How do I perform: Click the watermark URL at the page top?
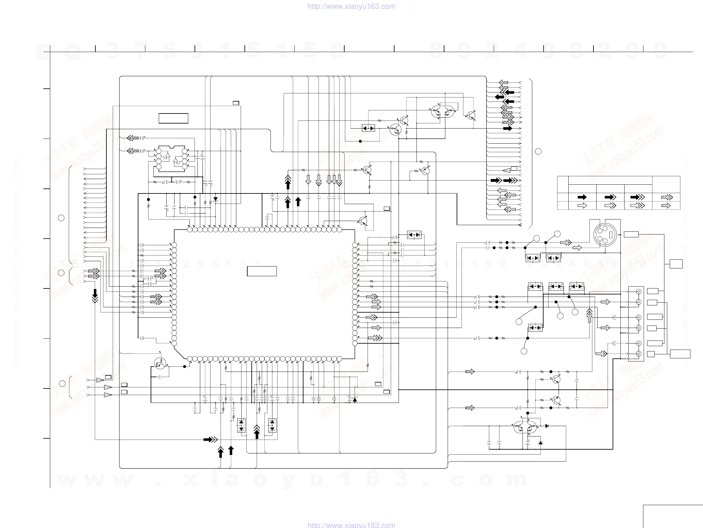(351, 6)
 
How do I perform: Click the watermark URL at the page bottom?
(351, 525)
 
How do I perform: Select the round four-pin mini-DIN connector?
(605, 235)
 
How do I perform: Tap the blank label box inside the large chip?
(262, 271)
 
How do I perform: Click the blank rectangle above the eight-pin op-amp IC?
(174, 118)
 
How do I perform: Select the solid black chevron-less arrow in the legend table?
(582, 197)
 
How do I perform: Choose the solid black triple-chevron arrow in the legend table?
(637, 197)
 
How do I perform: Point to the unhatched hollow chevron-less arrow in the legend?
(582, 205)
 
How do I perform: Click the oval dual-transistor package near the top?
(443, 111)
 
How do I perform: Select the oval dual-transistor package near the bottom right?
(525, 427)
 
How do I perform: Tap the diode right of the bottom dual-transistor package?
(547, 426)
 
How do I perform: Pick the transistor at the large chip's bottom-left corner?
(160, 363)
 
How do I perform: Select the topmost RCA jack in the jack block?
(638, 292)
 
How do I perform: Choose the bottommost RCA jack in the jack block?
(638, 354)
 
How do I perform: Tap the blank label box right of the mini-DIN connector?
(631, 235)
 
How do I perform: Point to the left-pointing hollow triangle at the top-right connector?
(507, 170)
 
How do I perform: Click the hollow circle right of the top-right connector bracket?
(538, 151)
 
